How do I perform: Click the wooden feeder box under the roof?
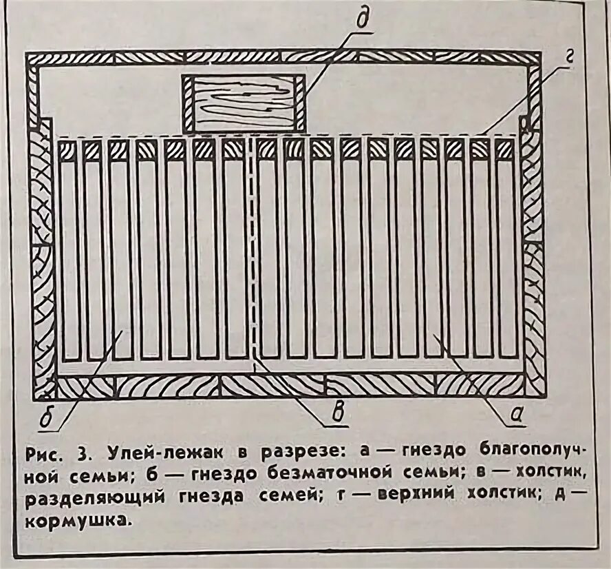pyautogui.click(x=244, y=103)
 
